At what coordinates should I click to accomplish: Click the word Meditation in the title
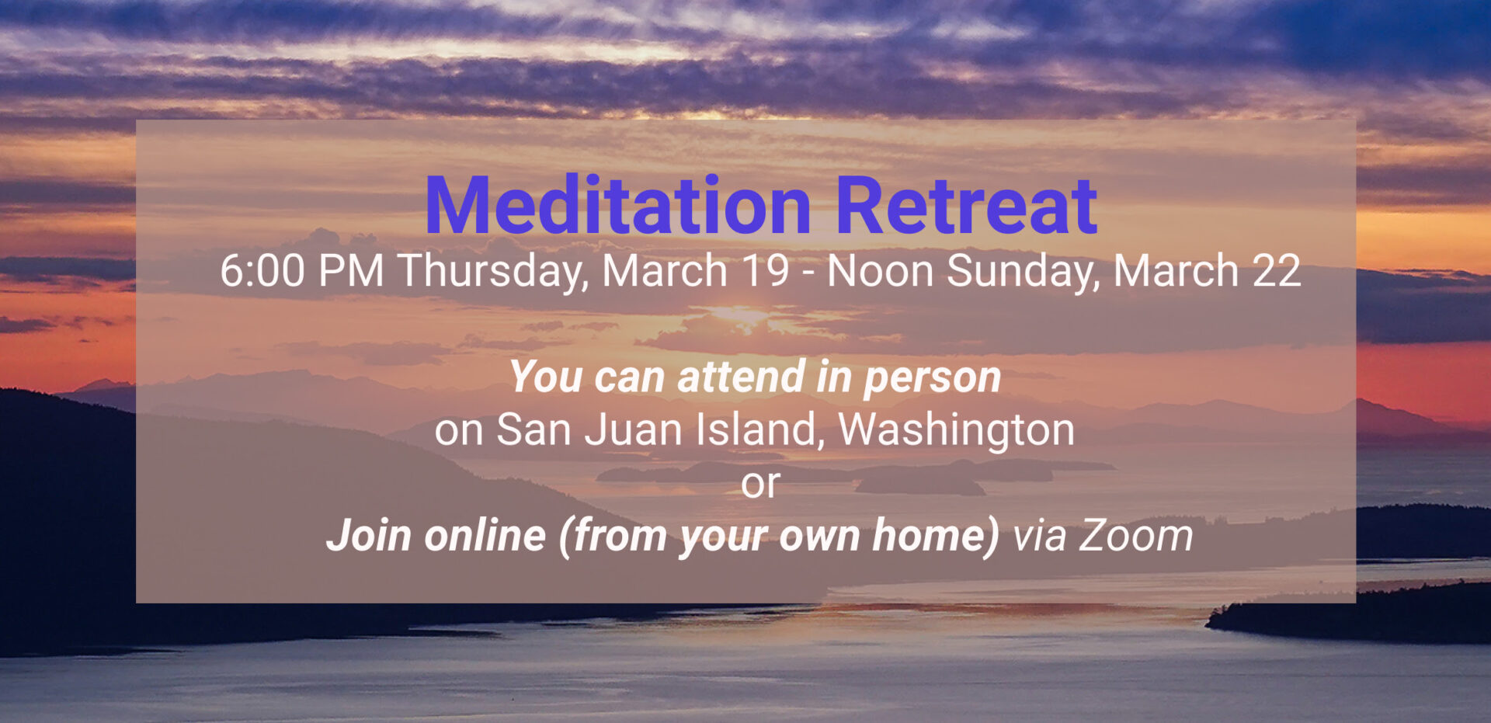[x=618, y=206]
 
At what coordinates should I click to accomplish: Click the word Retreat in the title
[x=966, y=206]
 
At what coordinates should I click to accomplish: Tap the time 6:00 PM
[x=301, y=271]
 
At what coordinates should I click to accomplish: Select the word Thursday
[x=493, y=272]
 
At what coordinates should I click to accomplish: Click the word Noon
[x=880, y=271]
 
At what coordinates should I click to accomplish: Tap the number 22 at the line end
[x=1276, y=271]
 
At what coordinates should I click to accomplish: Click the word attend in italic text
[x=741, y=377]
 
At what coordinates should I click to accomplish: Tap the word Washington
[x=957, y=431]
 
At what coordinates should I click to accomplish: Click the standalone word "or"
[x=760, y=485]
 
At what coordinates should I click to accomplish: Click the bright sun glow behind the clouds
[x=738, y=315]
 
